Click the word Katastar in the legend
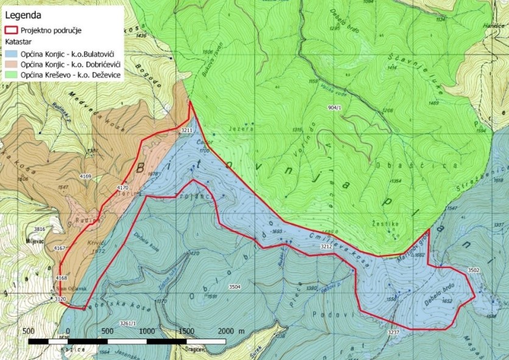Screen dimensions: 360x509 click(x=20, y=42)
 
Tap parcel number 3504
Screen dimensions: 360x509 click(x=234, y=286)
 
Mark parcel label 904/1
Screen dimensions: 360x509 click(x=334, y=107)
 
